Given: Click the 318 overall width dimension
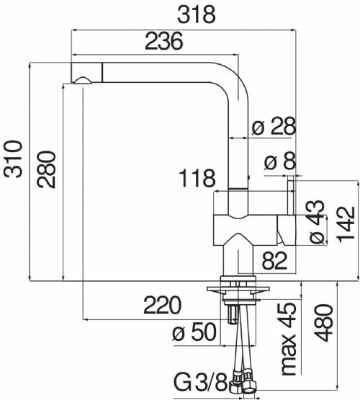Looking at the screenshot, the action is pos(197,15).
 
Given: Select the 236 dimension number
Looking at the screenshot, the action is pos(164,41).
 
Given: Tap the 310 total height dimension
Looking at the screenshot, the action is pos(13,159).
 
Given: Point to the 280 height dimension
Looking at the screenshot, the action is pos(46,169).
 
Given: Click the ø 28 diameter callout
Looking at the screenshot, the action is pos(274,125).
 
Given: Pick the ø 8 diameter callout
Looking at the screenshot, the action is pos(280,161).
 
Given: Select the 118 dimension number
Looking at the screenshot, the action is pos(197,178).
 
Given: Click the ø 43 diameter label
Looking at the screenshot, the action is pos(317,221).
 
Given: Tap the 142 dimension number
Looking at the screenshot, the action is pos(346,224).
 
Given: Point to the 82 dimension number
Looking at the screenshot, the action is pos(274,260).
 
